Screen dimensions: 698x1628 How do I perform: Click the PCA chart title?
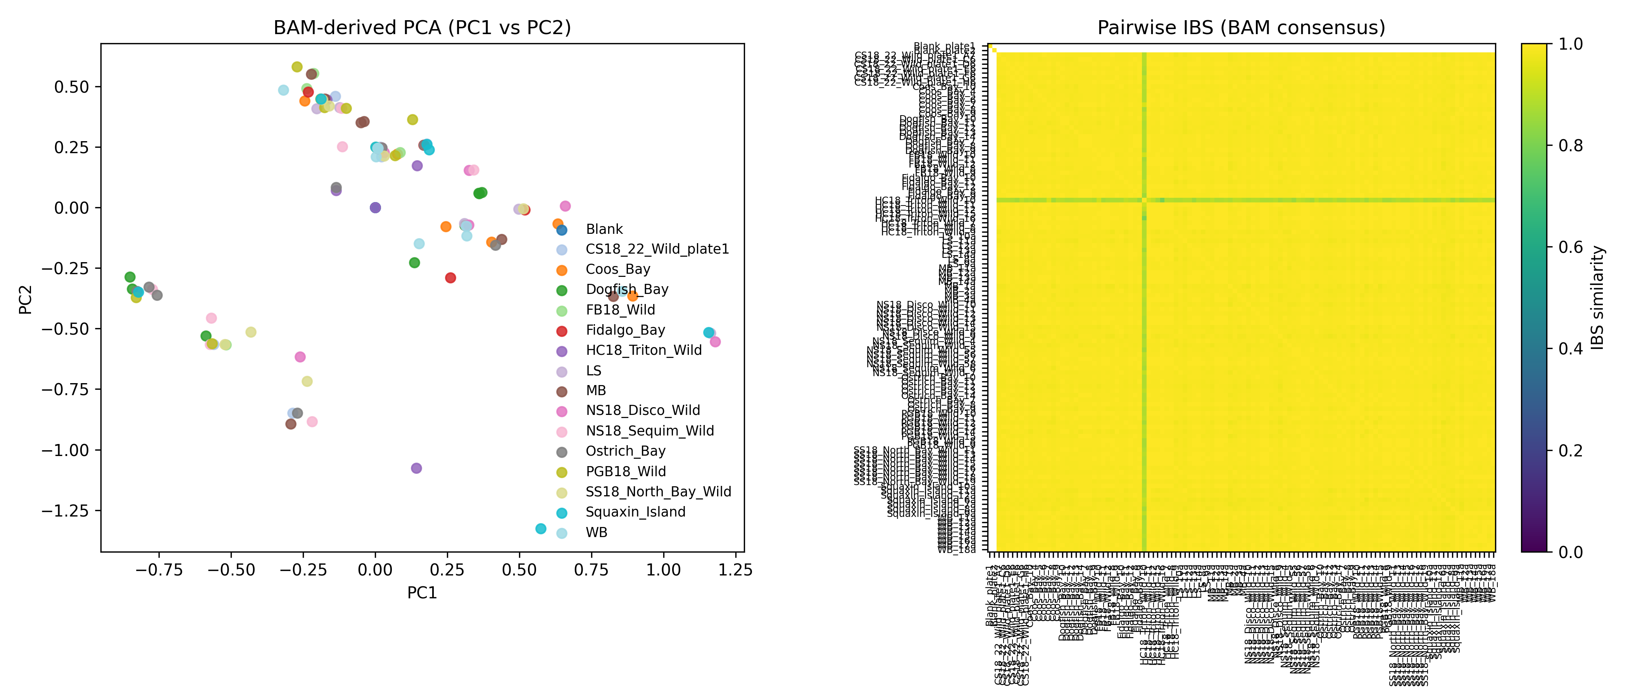point(422,28)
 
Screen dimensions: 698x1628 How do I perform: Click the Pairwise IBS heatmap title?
point(1241,28)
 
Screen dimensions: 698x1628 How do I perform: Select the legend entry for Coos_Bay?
point(617,270)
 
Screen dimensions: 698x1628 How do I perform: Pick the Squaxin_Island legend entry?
point(635,512)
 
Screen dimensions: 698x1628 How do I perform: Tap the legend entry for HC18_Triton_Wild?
point(643,350)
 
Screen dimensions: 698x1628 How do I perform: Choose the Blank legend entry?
point(604,229)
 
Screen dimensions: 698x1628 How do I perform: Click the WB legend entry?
point(596,532)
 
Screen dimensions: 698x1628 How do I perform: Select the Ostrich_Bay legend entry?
point(625,451)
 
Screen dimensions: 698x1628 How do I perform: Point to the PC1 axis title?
point(422,593)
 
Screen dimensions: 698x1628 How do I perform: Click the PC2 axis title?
point(25,299)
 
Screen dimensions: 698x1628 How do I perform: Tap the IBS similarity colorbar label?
point(1597,298)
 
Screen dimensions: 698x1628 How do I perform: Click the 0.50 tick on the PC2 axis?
point(71,86)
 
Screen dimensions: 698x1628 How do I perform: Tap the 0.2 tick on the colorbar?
point(1570,451)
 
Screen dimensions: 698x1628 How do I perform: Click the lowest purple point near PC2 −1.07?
point(416,468)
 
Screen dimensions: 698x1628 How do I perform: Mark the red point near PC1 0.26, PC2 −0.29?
point(450,278)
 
